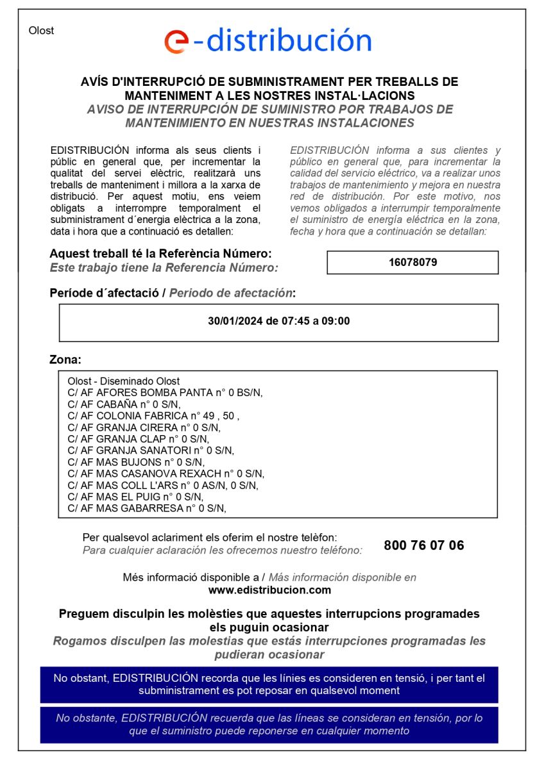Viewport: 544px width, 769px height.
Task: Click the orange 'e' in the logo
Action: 176,41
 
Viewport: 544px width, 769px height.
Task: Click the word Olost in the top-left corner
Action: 41,31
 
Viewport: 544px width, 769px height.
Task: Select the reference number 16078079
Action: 412,262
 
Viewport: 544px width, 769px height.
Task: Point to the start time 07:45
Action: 294,321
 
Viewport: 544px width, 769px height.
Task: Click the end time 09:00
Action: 336,321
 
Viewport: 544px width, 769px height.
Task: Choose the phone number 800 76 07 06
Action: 423,545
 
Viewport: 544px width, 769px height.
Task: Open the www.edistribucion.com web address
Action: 269,590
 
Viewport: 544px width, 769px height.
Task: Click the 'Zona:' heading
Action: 65,360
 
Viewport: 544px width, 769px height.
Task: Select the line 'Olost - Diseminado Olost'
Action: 124,381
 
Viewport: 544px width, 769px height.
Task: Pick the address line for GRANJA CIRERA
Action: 144,427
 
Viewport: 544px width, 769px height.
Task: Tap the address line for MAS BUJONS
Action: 135,462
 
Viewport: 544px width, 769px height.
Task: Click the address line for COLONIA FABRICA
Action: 153,416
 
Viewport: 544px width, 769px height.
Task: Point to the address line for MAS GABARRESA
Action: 147,508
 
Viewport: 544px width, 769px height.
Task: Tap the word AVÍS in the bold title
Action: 95,82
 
